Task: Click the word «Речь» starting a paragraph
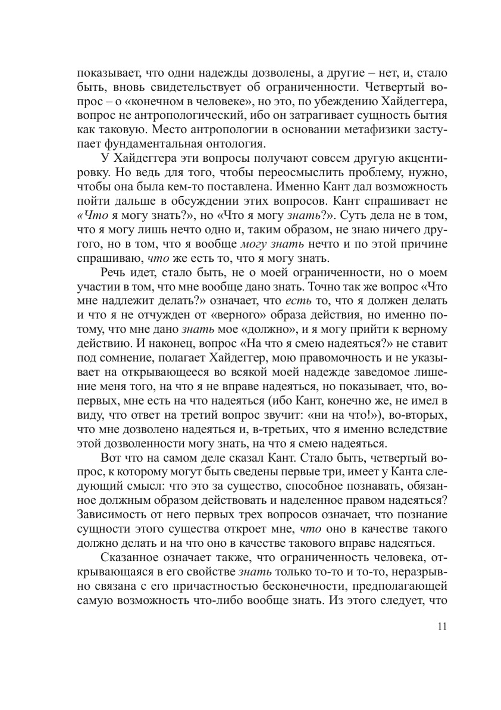(x=114, y=273)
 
